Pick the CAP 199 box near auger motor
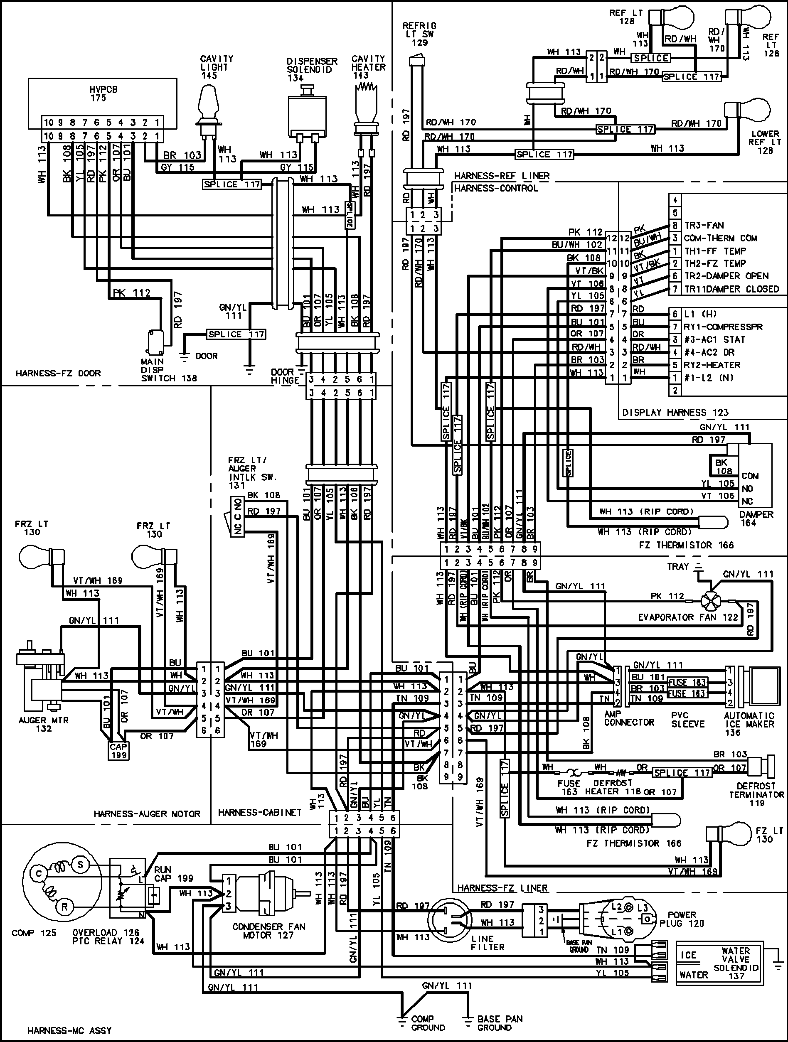(118, 750)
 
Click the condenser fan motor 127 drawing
(264, 894)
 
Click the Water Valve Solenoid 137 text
(736, 963)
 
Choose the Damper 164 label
(756, 518)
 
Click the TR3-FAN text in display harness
(704, 225)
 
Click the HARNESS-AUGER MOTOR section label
(147, 813)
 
